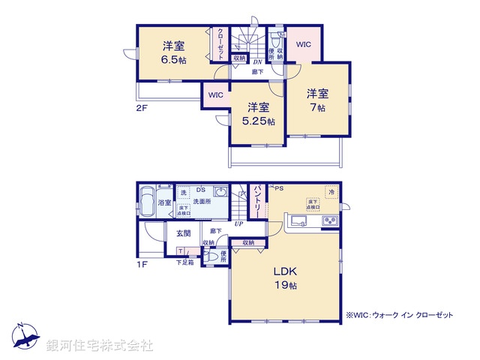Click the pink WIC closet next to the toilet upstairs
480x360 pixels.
pyautogui.click(x=304, y=44)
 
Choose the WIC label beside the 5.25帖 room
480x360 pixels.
pyautogui.click(x=216, y=95)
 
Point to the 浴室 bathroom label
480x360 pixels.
pyautogui.click(x=164, y=202)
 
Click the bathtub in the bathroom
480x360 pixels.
pyautogui.click(x=146, y=201)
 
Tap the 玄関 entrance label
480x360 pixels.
pyautogui.click(x=183, y=234)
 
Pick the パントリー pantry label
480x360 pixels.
pyautogui.click(x=256, y=201)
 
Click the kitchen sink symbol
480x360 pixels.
pyautogui.click(x=295, y=220)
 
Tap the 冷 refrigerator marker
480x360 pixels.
pyautogui.click(x=330, y=191)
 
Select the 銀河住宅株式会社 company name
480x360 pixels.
pyautogui.click(x=100, y=346)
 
